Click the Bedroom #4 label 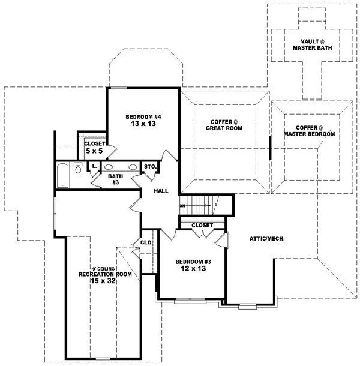click(143, 116)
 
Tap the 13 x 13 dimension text click(143, 124)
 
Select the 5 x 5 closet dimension click(95, 151)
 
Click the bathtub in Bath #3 click(63, 175)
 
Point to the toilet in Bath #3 click(78, 168)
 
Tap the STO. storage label click(150, 167)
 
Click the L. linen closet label click(94, 167)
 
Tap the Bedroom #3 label click(193, 262)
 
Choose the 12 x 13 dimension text click(193, 270)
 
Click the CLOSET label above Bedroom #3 click(202, 225)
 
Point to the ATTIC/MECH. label click(267, 238)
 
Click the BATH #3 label click(115, 179)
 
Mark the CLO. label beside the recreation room click(146, 243)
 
